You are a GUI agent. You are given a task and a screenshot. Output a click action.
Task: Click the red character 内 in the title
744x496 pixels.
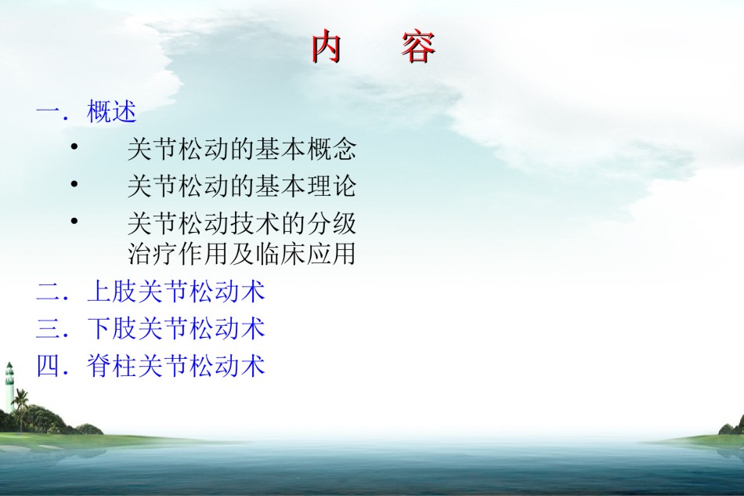point(327,46)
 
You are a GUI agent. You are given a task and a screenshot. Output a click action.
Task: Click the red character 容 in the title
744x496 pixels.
point(418,47)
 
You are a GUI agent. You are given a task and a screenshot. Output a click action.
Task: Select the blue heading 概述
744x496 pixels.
point(112,112)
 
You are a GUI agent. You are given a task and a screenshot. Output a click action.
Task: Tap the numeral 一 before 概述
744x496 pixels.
point(48,113)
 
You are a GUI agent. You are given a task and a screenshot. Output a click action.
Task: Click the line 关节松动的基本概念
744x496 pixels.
point(241,149)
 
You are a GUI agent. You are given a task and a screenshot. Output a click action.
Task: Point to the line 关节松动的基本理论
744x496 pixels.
point(241,186)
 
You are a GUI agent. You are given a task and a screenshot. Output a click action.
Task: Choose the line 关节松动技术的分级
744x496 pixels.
point(241,223)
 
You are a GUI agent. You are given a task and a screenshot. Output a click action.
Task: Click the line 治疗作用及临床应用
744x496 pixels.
point(241,253)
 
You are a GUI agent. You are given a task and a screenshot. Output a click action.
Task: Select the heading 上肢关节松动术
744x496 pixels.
point(176,291)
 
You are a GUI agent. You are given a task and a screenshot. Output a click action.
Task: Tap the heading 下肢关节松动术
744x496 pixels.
point(176,328)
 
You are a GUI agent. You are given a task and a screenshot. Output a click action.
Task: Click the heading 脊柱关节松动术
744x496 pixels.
point(176,365)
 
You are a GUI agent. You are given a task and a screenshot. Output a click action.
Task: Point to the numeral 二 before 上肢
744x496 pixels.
point(48,291)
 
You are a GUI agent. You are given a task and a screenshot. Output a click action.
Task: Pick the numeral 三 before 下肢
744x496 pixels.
point(48,328)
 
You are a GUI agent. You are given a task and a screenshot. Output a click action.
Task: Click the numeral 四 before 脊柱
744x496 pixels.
point(48,365)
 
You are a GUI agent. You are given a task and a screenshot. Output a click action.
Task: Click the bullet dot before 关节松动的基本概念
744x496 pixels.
point(74,147)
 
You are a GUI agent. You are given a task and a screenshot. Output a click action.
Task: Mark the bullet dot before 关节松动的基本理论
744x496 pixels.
point(74,183)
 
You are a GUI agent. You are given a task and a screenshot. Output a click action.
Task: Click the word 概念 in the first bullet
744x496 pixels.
point(332,149)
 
